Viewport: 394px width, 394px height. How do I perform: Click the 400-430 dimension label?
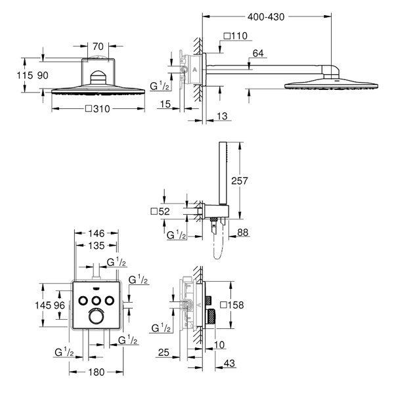click(266, 17)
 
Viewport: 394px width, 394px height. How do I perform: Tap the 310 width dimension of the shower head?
click(98, 109)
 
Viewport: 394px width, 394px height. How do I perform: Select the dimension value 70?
click(98, 47)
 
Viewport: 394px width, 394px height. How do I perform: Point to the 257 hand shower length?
click(240, 181)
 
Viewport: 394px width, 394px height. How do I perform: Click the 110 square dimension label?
click(236, 36)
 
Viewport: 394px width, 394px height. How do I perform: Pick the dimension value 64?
click(258, 53)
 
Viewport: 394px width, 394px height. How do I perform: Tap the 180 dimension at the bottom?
click(97, 372)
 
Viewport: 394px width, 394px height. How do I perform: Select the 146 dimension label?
click(97, 234)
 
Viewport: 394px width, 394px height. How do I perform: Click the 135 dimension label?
click(97, 246)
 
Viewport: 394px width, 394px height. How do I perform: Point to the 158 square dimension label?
click(232, 305)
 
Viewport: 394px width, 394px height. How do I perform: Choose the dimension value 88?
click(243, 232)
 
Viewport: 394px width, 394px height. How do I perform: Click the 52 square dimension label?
click(160, 211)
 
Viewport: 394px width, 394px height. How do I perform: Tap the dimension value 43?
click(229, 363)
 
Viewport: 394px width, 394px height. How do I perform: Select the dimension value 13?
click(222, 116)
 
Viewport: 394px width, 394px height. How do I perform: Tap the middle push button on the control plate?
click(96, 301)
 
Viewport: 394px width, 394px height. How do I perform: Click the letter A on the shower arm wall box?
click(195, 70)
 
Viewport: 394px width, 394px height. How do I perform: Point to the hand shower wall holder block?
click(216, 211)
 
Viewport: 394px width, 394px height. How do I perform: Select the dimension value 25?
click(164, 353)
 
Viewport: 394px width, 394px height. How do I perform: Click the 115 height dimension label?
click(25, 76)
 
